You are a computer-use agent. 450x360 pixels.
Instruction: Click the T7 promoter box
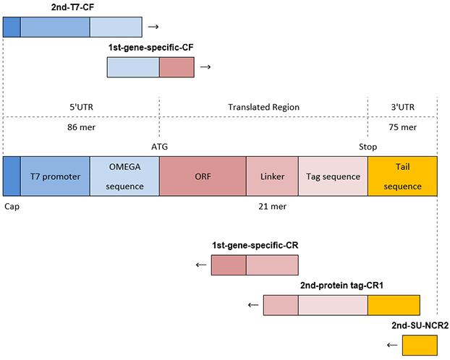click(x=55, y=176)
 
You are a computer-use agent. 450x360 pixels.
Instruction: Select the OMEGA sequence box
click(x=124, y=176)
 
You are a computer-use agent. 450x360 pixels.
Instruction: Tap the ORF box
click(x=203, y=176)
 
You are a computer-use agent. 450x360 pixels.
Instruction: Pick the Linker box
click(x=271, y=176)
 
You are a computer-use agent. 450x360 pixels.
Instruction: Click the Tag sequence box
click(x=333, y=176)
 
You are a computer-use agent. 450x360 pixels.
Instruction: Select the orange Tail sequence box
click(x=403, y=176)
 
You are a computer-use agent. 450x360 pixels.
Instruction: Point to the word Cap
click(x=12, y=205)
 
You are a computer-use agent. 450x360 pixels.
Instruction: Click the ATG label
click(x=160, y=145)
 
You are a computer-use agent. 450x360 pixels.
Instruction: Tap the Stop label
click(x=368, y=145)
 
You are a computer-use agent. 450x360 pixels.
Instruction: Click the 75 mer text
click(x=403, y=126)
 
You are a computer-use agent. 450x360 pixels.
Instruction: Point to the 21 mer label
click(x=271, y=206)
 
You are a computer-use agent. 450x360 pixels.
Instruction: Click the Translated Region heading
click(x=263, y=107)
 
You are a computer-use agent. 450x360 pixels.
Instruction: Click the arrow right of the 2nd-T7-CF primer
click(x=153, y=27)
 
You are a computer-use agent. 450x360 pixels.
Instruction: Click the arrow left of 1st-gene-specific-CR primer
click(x=201, y=265)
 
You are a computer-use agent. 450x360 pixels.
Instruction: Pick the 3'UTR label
click(x=403, y=107)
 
